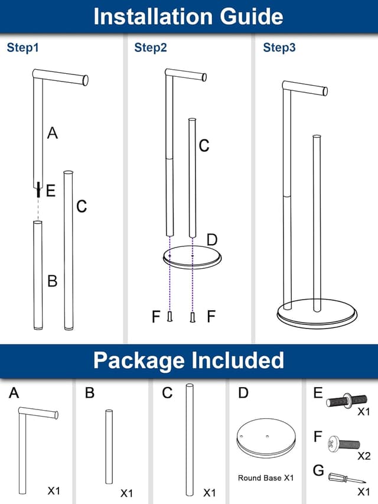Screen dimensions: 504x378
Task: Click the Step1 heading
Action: tap(22, 48)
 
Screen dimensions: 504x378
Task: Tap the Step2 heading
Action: tap(151, 48)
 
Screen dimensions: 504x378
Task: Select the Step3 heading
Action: tap(279, 48)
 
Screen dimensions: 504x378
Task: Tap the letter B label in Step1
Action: tap(52, 281)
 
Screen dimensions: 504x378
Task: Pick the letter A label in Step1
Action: tap(53, 134)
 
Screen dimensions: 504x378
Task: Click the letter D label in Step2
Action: tap(212, 239)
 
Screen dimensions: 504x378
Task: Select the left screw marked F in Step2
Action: tap(170, 317)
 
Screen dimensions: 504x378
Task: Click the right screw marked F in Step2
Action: tap(193, 317)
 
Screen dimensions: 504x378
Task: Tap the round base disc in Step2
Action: tap(191, 258)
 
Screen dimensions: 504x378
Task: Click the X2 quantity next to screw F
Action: tap(364, 456)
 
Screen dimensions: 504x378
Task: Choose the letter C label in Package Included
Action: tap(167, 394)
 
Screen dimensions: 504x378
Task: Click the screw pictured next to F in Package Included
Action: tap(343, 441)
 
